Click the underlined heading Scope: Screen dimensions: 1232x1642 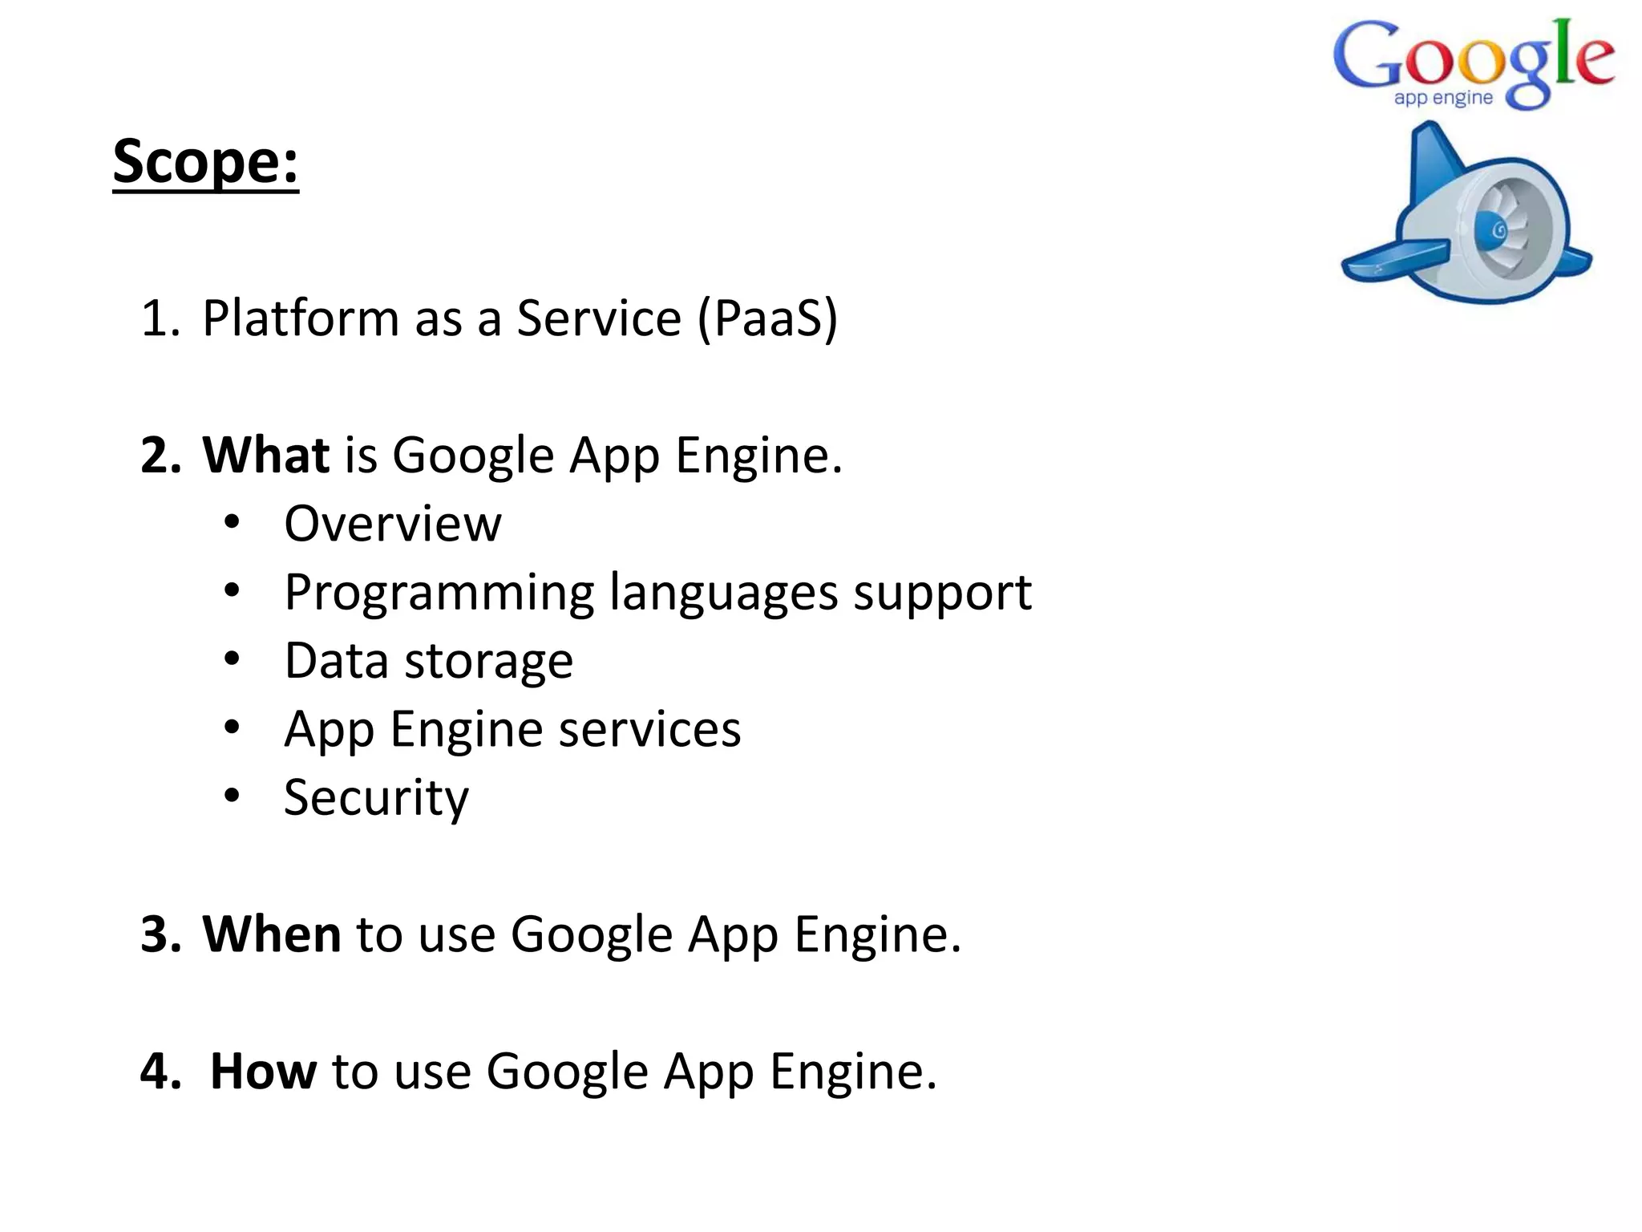click(x=205, y=162)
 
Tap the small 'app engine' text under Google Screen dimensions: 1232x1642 click(x=1442, y=99)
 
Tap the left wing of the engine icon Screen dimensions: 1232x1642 click(x=1395, y=261)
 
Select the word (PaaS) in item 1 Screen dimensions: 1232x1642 click(x=767, y=318)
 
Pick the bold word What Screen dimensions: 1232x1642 click(x=265, y=455)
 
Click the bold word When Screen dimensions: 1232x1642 click(x=272, y=934)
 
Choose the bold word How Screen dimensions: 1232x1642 click(x=263, y=1071)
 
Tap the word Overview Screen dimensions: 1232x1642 click(x=393, y=524)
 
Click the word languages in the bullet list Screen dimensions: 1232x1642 click(x=723, y=594)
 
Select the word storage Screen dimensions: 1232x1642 click(x=488, y=661)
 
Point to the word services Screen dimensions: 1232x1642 click(x=649, y=729)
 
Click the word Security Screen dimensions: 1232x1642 click(x=376, y=798)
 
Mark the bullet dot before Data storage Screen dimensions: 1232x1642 click(x=232, y=659)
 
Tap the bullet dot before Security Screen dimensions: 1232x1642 click(x=232, y=796)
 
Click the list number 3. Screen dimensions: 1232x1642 click(x=160, y=934)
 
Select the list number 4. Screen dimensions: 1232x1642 click(x=160, y=1071)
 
